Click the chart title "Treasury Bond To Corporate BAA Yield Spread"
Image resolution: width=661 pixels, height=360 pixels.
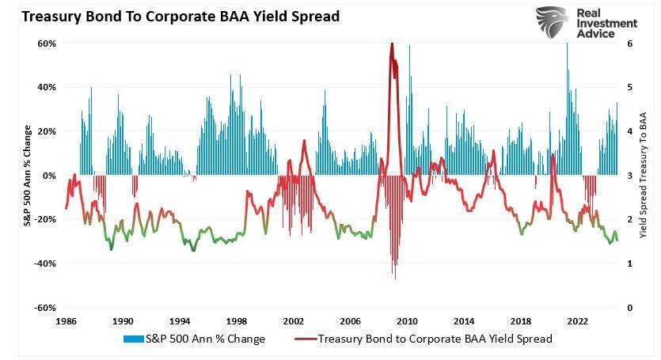click(x=170, y=16)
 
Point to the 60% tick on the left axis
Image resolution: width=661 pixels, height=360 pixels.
click(x=47, y=44)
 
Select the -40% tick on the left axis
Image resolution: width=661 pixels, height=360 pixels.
click(x=45, y=263)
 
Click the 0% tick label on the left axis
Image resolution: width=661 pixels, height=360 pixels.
click(x=49, y=176)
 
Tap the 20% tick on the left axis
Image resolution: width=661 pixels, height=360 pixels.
click(x=47, y=131)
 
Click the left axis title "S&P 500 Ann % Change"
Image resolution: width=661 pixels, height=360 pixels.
click(x=27, y=176)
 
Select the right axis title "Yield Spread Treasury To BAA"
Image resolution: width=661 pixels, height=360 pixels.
click(x=644, y=176)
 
